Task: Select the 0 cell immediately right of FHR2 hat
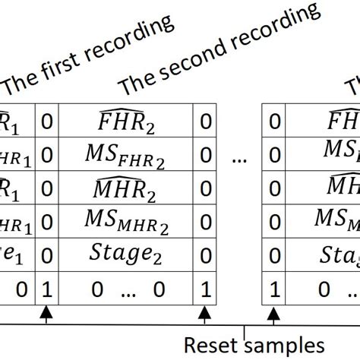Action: [x=204, y=122]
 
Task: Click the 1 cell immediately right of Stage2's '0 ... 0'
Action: [x=204, y=289]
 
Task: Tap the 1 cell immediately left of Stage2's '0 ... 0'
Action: [x=46, y=289]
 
